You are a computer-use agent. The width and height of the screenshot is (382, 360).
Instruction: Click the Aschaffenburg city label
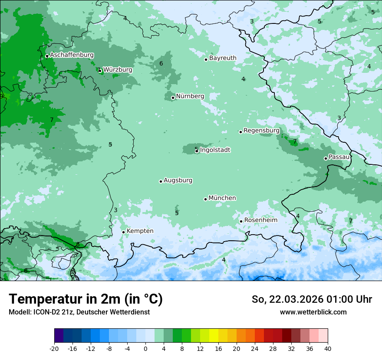tap(72, 55)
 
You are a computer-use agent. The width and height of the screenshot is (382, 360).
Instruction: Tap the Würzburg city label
tap(118, 70)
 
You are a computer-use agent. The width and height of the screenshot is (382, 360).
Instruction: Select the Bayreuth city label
tap(223, 58)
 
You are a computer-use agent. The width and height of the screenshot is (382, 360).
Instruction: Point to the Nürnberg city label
tap(190, 96)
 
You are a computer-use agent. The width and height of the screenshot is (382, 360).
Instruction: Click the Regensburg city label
tap(261, 131)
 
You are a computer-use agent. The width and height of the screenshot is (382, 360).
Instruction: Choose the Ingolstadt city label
tap(215, 150)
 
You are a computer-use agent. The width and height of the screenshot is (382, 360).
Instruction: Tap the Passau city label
tap(339, 157)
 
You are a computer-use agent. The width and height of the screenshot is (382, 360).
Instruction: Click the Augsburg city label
tap(178, 180)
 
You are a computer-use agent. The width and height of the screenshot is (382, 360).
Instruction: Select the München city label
tap(222, 198)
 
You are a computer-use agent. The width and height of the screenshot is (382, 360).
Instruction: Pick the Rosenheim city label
tap(260, 220)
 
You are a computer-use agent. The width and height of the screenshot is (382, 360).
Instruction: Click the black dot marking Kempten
tap(123, 232)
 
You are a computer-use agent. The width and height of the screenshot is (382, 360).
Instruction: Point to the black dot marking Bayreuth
tap(206, 59)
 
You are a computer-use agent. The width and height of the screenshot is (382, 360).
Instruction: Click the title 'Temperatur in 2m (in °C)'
tap(86, 299)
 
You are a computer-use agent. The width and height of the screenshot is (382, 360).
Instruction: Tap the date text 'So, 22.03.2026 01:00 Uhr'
tap(312, 299)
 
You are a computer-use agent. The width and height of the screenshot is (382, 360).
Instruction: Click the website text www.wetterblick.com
tap(313, 312)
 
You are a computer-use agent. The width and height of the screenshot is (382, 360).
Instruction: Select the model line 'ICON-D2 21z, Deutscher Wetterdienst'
tap(79, 312)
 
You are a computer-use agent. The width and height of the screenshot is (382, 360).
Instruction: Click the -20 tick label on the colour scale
tap(54, 349)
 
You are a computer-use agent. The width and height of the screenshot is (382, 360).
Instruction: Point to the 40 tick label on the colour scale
tap(327, 349)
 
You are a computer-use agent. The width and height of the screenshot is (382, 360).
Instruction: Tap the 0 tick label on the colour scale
tap(145, 349)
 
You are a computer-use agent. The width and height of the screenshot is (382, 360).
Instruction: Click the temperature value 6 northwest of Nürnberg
tap(161, 64)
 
